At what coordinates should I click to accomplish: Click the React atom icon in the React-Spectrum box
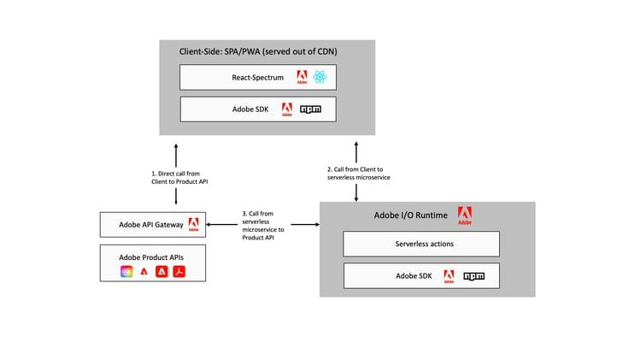(x=320, y=78)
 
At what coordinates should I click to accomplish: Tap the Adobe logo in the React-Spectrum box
(x=302, y=79)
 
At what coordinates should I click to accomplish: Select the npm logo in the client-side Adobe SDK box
(x=310, y=109)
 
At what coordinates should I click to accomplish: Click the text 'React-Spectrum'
(x=256, y=78)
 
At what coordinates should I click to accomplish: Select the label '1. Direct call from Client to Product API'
(x=176, y=176)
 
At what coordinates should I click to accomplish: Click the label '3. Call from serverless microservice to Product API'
(x=263, y=226)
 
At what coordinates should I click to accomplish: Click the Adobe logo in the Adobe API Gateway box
(x=193, y=225)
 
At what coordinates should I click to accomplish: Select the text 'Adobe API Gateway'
(x=146, y=225)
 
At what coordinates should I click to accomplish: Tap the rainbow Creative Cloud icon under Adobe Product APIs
(x=126, y=272)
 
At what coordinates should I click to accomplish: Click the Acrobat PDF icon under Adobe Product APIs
(x=179, y=272)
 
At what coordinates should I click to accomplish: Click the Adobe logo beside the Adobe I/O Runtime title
(x=465, y=215)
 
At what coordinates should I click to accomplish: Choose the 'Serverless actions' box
(x=420, y=244)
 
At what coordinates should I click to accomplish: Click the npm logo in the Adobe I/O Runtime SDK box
(x=474, y=276)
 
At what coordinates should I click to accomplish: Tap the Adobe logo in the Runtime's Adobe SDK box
(x=449, y=277)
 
